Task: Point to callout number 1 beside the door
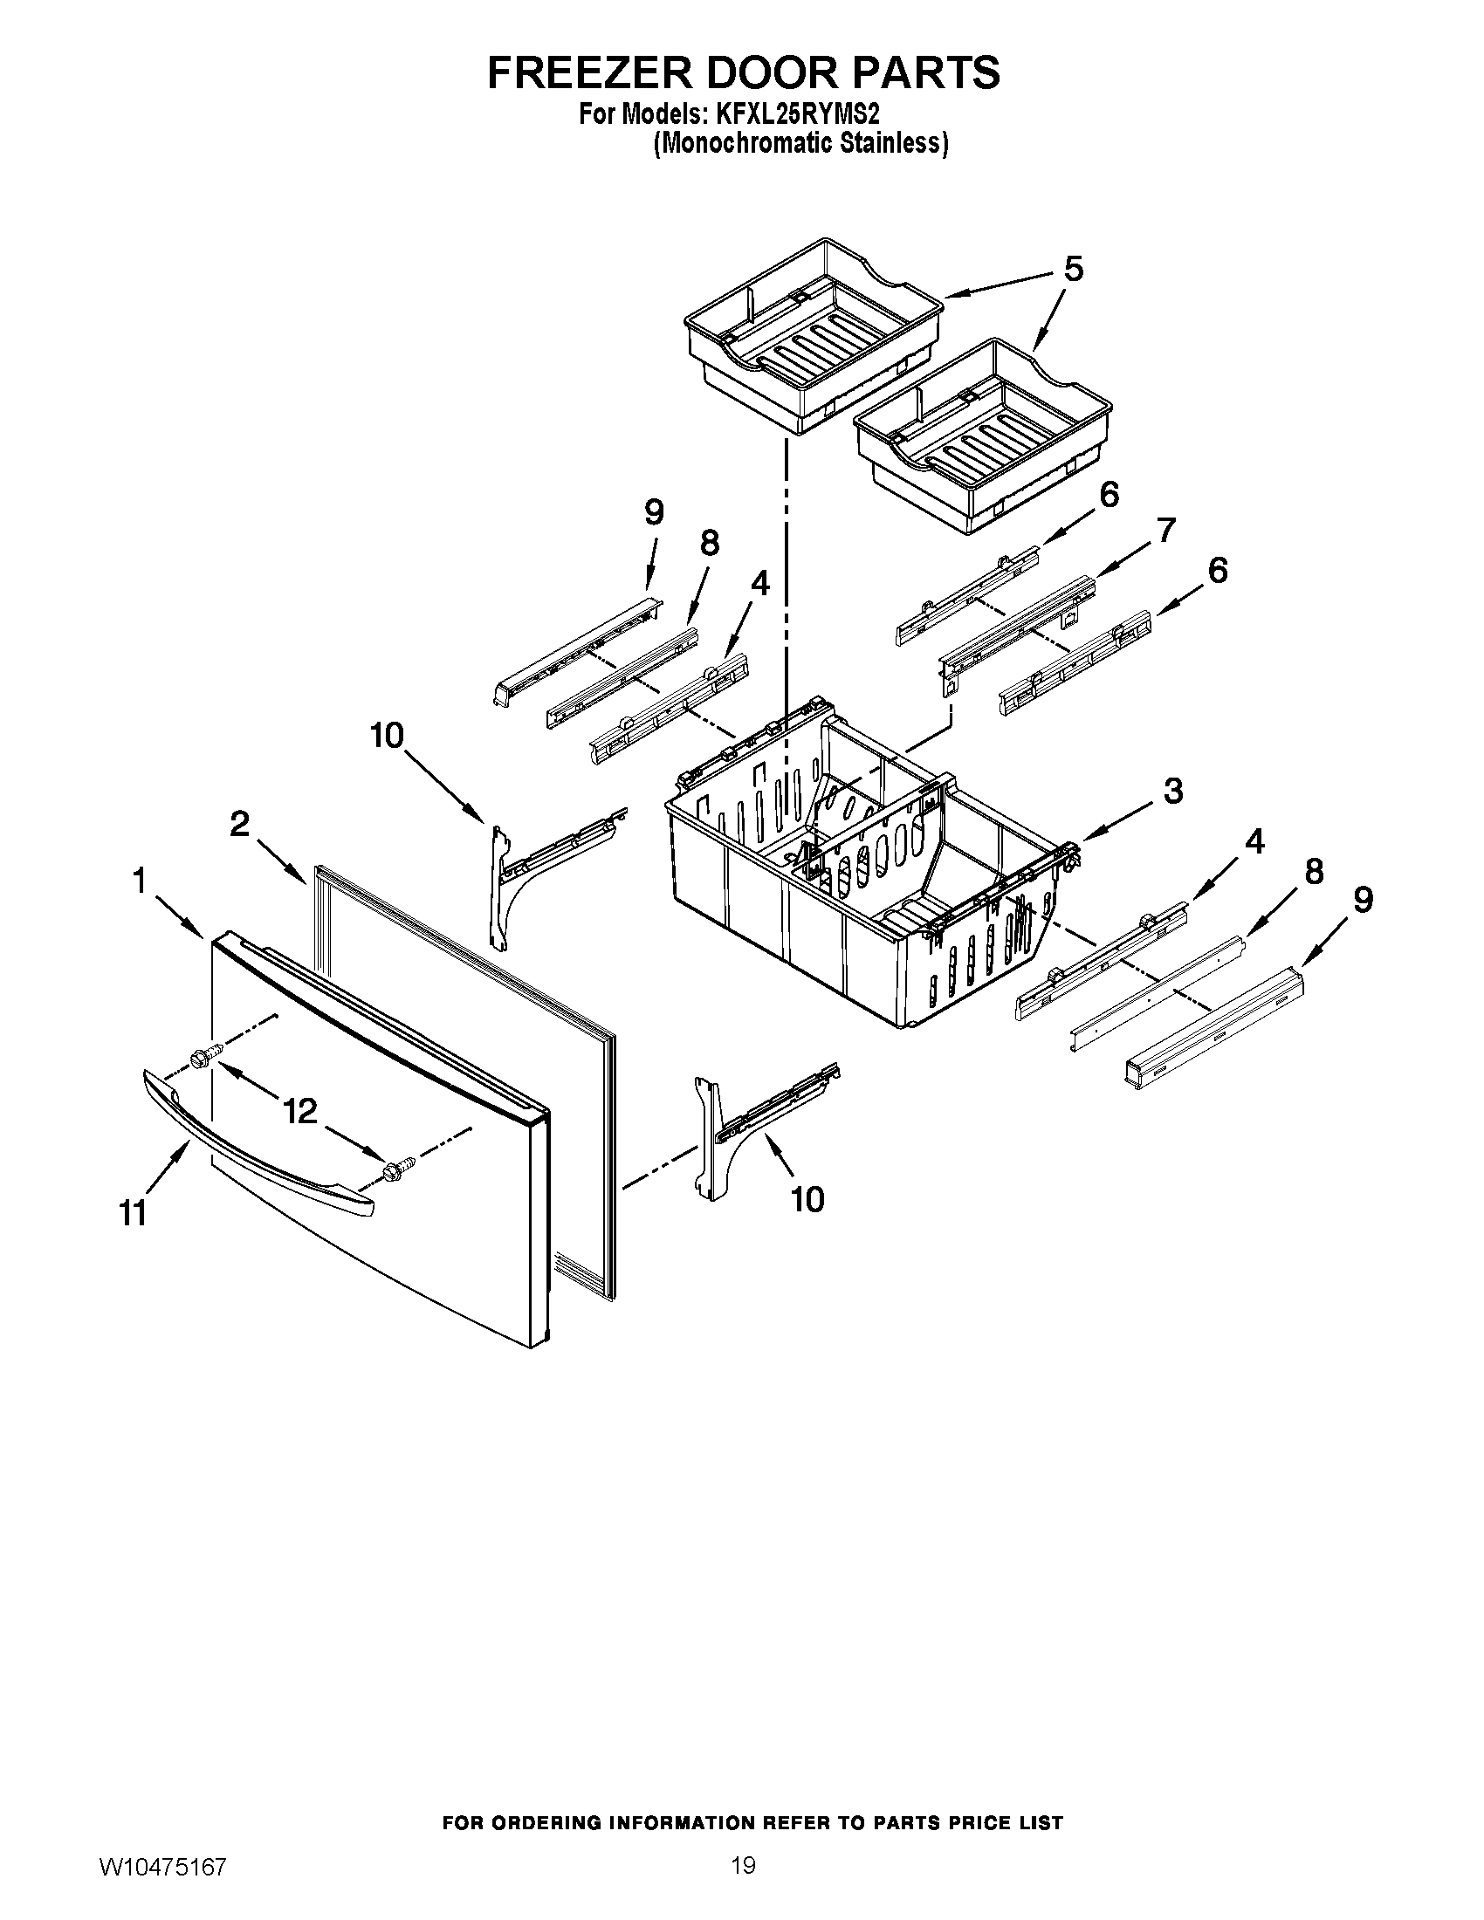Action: point(139,880)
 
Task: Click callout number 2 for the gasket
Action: point(239,824)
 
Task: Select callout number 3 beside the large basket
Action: point(1172,791)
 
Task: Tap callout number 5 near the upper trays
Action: point(1073,269)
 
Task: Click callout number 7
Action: point(1165,530)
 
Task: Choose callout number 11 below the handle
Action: point(133,1214)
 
